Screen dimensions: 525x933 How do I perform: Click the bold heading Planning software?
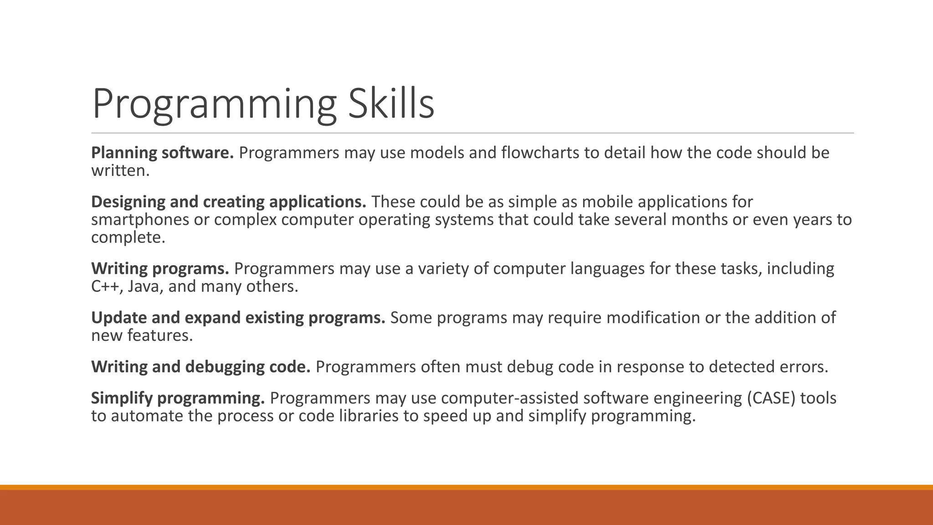[162, 153]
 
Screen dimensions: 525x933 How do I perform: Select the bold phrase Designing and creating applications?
[229, 202]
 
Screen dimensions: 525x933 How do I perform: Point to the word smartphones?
[140, 220]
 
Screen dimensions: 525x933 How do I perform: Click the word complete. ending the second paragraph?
[128, 237]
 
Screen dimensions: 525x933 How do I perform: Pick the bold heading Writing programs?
[160, 268]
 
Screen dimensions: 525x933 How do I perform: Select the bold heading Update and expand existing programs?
[238, 318]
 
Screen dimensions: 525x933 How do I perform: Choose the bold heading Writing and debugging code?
[200, 367]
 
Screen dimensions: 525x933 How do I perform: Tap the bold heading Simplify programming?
[178, 398]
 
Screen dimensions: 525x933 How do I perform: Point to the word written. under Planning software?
[120, 170]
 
